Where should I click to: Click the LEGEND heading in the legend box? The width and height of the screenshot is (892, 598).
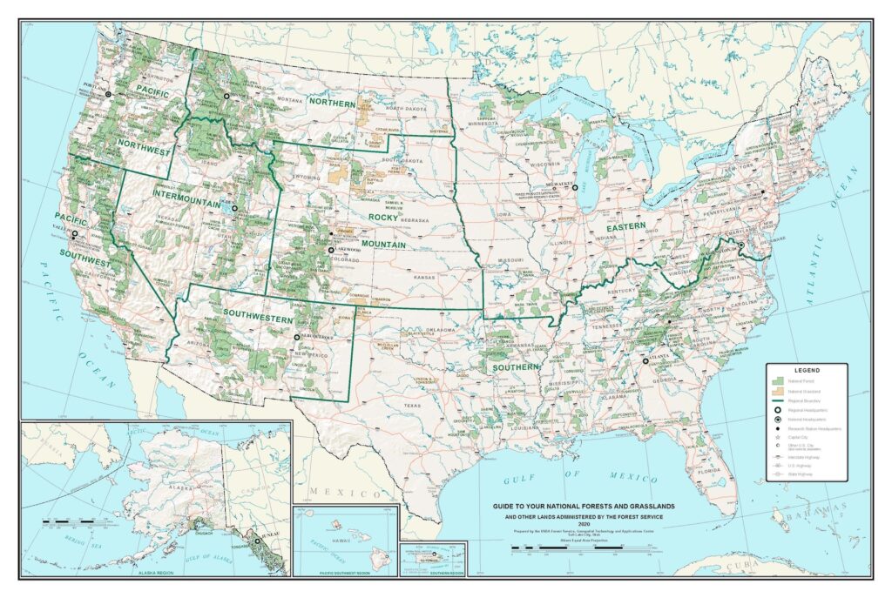point(807,370)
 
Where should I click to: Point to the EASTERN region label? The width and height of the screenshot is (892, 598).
point(626,226)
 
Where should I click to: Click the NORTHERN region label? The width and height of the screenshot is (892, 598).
point(332,104)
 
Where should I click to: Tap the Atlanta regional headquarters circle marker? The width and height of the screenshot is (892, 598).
point(645,360)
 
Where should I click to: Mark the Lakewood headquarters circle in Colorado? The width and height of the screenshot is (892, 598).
point(330,250)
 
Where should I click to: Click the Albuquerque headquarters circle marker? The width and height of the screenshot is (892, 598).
point(296,337)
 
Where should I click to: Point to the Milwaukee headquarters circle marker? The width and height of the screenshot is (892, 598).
point(576,188)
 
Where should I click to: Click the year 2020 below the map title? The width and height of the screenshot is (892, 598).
point(571,524)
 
